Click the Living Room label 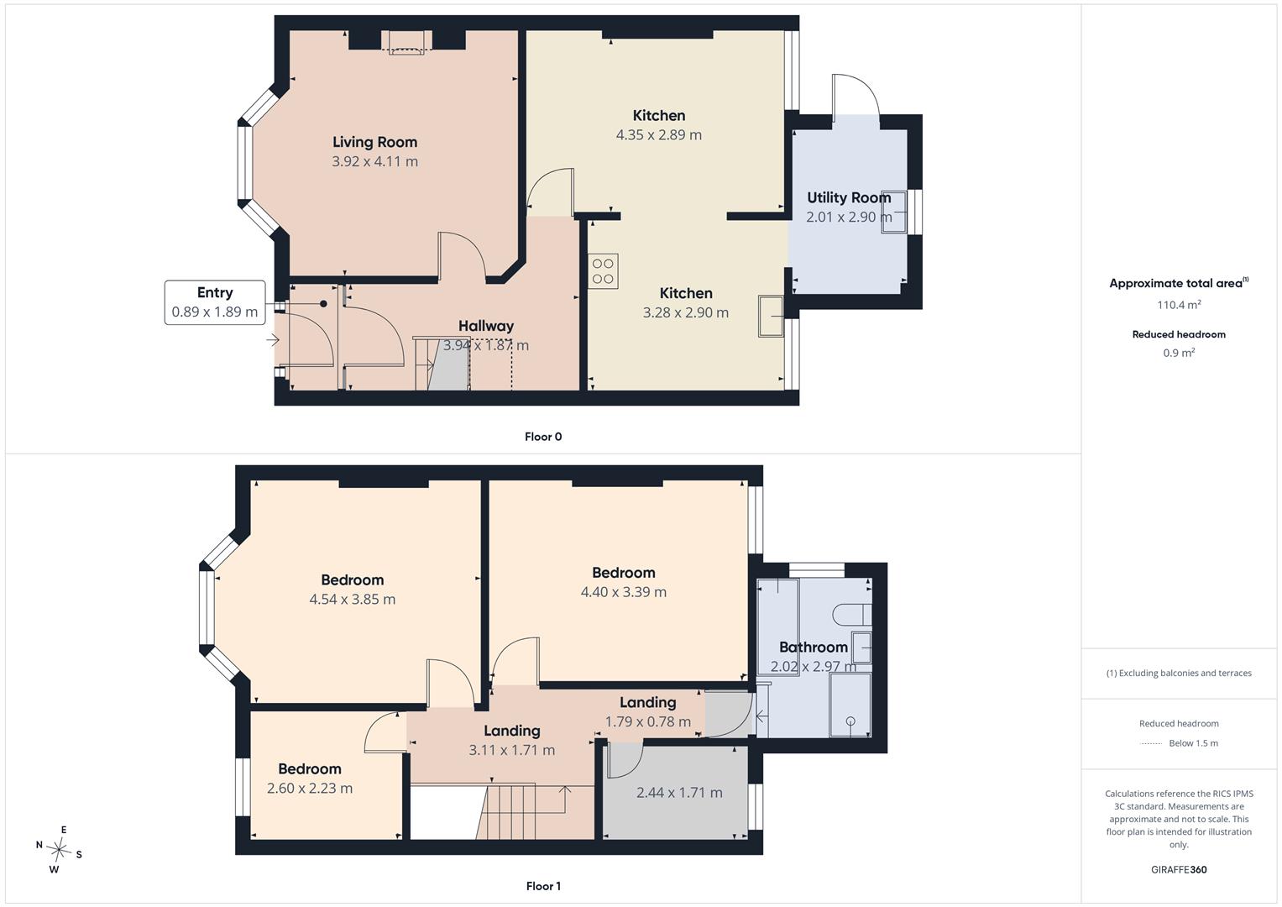pos(375,142)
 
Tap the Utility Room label pos(849,197)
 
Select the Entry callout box pos(215,302)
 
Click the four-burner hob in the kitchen pos(603,270)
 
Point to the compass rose pos(59,850)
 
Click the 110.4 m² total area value pos(1179,305)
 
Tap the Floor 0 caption pos(543,437)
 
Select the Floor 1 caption pos(543,886)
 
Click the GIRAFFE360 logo pos(1179,869)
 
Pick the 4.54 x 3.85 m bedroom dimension pos(353,600)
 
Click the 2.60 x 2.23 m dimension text pos(310,789)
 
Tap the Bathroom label pos(814,647)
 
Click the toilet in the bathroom pos(852,615)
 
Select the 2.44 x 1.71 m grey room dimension pos(679,793)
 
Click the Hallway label pos(486,327)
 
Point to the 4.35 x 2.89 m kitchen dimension pos(659,135)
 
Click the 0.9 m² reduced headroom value pos(1179,353)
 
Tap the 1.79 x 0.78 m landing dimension pos(648,721)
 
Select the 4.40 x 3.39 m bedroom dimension pos(623,592)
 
